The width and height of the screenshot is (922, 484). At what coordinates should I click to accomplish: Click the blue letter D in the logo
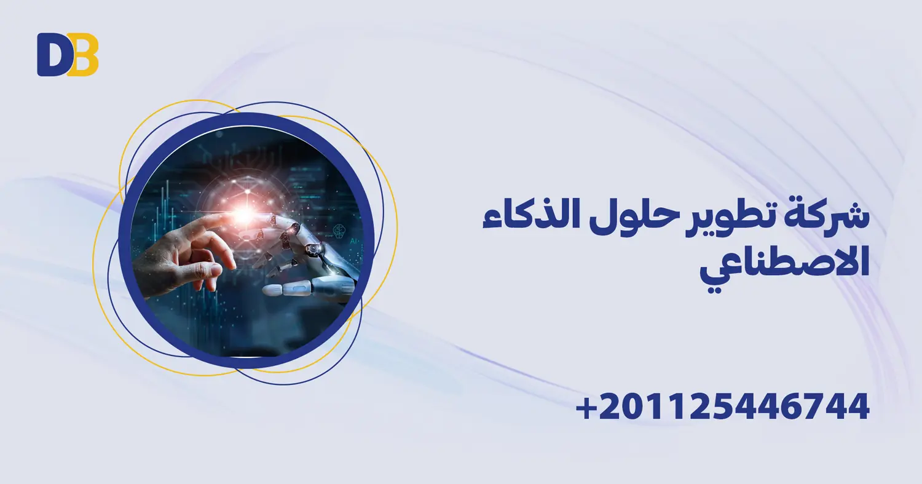click(52, 55)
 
